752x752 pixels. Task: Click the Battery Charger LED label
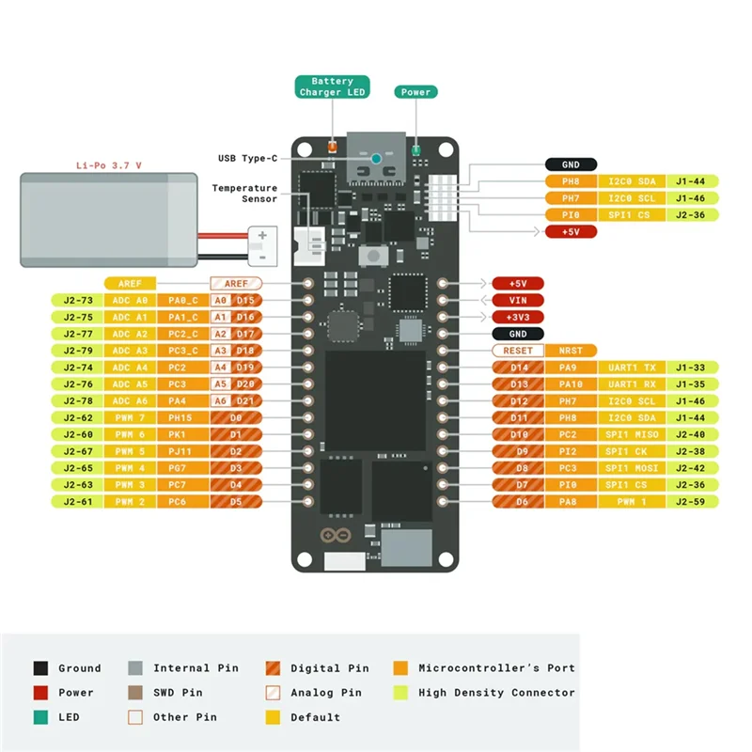[332, 86]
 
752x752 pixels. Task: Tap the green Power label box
[415, 92]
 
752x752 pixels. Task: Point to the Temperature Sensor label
[244, 194]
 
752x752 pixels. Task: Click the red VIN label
[518, 300]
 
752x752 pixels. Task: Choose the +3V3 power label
[518, 317]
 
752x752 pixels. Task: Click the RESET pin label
[518, 351]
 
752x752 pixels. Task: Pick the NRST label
[571, 351]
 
